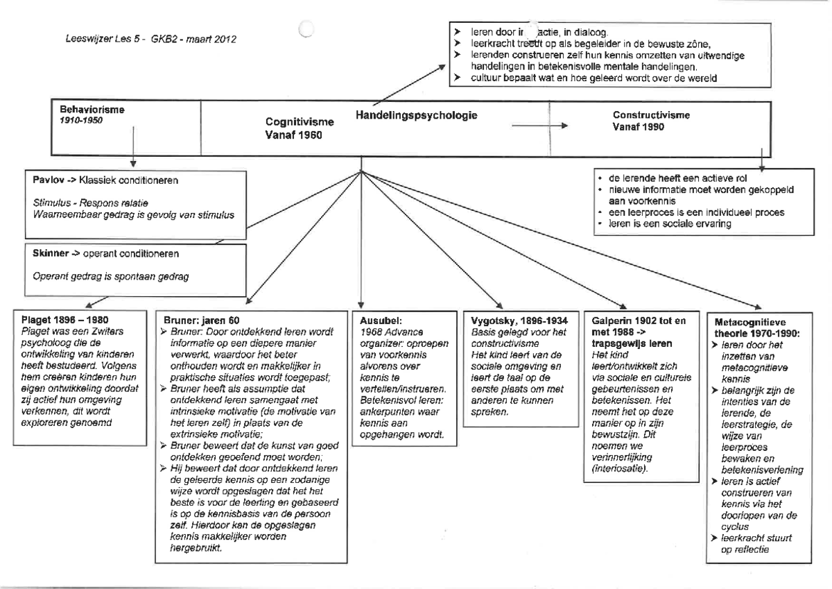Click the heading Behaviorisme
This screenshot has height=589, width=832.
(87, 110)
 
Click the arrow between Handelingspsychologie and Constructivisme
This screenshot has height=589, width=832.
(540, 126)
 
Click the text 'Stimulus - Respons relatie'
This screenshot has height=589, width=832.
(79, 203)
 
